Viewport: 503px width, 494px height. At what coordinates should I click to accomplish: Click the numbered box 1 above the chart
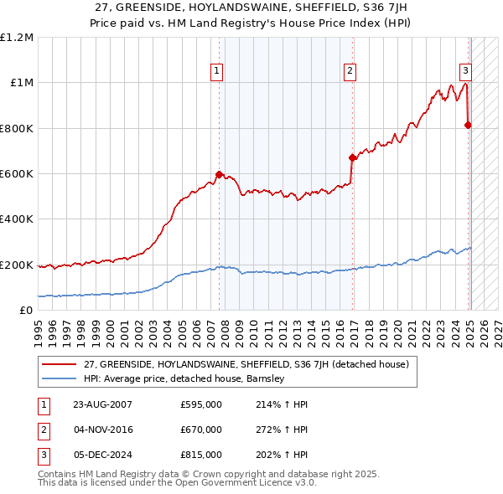(x=216, y=71)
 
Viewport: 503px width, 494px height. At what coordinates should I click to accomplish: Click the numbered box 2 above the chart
(x=350, y=71)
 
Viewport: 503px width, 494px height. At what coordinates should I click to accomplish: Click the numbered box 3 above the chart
(x=465, y=71)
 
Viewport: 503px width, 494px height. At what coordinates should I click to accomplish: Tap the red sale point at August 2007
(x=220, y=175)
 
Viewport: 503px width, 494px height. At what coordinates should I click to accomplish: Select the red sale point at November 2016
(x=352, y=157)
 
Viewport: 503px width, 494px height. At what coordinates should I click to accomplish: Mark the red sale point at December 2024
(x=468, y=125)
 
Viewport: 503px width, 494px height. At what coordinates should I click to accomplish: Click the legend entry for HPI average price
(x=184, y=378)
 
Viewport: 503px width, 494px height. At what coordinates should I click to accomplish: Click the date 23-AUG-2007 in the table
(x=103, y=404)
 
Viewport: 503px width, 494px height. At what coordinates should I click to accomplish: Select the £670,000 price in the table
(x=201, y=430)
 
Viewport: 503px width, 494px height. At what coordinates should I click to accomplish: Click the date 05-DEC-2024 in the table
(x=103, y=455)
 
